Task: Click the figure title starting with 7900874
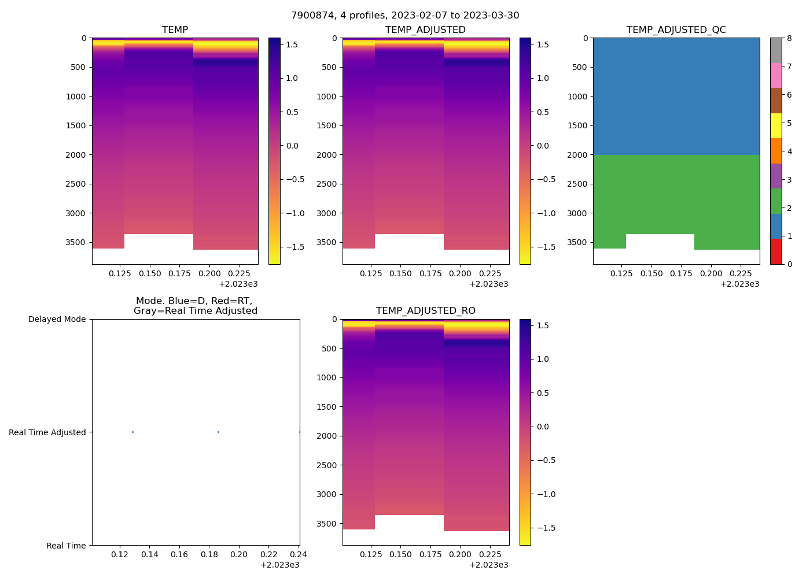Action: tap(405, 16)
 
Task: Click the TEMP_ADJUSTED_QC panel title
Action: tap(676, 30)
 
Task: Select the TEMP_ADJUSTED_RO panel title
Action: tap(425, 311)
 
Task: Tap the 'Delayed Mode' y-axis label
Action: tap(57, 319)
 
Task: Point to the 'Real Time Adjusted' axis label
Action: tap(47, 432)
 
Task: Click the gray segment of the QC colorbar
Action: tap(775, 50)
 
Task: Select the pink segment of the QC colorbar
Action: tap(775, 75)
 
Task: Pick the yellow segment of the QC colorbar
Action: tap(775, 125)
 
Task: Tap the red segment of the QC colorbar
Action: tap(775, 251)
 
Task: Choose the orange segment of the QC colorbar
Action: tap(775, 151)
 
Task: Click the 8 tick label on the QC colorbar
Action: tap(789, 39)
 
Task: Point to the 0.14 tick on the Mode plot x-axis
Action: tap(149, 555)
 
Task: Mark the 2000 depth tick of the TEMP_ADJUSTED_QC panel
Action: tap(577, 155)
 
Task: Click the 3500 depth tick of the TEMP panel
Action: tap(76, 242)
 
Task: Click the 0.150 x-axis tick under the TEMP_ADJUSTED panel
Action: tap(400, 274)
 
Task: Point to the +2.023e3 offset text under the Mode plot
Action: tap(280, 565)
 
